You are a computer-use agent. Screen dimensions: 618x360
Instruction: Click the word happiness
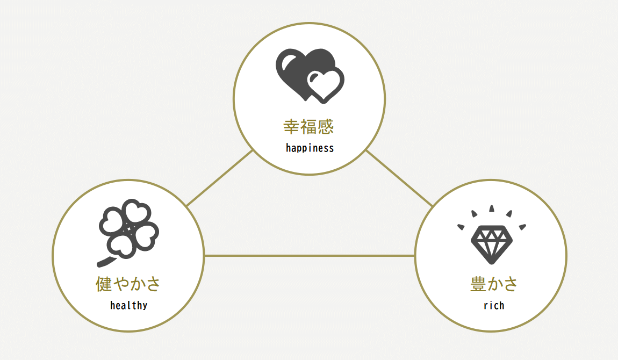click(x=310, y=148)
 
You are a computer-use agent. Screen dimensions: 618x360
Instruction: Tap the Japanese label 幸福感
click(x=308, y=127)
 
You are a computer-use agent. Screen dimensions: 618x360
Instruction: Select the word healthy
click(x=128, y=305)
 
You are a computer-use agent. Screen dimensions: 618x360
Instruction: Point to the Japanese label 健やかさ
click(x=128, y=284)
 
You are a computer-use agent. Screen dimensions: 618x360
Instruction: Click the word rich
click(x=494, y=305)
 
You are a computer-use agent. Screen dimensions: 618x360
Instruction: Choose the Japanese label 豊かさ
click(x=494, y=284)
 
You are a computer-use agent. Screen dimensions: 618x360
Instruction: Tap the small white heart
click(x=323, y=85)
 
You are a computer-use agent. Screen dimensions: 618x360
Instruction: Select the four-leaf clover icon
click(x=128, y=232)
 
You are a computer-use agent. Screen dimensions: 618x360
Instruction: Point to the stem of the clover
click(x=106, y=262)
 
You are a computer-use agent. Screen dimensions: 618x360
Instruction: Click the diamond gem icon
click(x=492, y=244)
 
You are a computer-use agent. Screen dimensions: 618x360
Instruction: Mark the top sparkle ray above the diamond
click(x=492, y=208)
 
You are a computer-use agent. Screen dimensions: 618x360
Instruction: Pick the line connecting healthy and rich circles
click(x=310, y=256)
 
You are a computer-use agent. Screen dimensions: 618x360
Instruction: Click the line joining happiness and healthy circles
click(x=220, y=178)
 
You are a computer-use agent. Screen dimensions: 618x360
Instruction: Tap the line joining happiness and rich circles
click(x=399, y=178)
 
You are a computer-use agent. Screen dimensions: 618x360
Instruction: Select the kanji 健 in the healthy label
click(x=104, y=284)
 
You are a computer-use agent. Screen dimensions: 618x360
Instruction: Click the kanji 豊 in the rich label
click(x=478, y=284)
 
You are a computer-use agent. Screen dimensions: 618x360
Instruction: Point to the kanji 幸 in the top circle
click(x=291, y=127)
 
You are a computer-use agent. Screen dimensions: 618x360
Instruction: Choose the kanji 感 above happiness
click(x=326, y=127)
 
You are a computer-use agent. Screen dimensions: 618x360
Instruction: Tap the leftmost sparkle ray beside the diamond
click(x=461, y=227)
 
